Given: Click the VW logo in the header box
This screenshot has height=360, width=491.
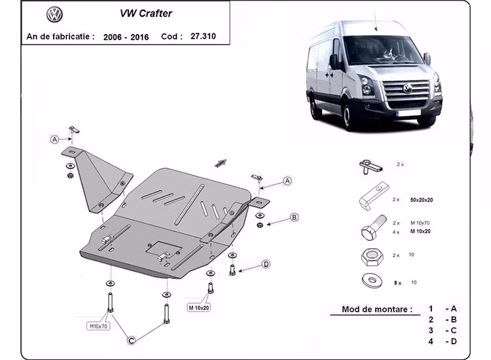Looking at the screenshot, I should click(x=55, y=14).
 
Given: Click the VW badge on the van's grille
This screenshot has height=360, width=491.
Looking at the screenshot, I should click(x=408, y=88).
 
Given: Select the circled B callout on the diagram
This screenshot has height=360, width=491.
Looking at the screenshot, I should click(x=295, y=217).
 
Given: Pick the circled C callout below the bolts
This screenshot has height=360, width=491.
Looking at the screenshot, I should click(x=132, y=340).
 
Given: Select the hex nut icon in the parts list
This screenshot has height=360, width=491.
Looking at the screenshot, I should click(x=371, y=256).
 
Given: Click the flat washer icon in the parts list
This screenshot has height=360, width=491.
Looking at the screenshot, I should click(x=371, y=281).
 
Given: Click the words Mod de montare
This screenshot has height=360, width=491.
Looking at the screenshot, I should click(x=376, y=309).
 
